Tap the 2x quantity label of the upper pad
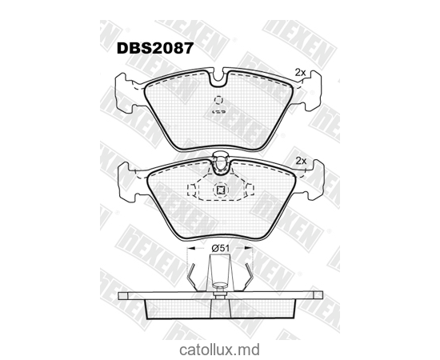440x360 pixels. pyautogui.click(x=301, y=73)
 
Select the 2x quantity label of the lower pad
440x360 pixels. pyautogui.click(x=301, y=161)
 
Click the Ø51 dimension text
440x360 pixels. pyautogui.click(x=221, y=249)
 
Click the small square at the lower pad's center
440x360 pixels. pyautogui.click(x=220, y=190)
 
